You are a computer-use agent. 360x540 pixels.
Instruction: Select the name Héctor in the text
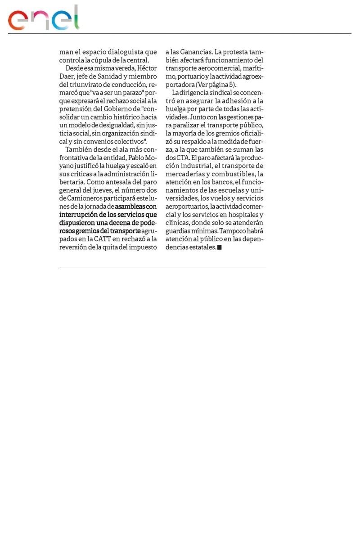pyautogui.click(x=147, y=68)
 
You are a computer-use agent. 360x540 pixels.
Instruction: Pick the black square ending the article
pyautogui.click(x=220, y=247)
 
